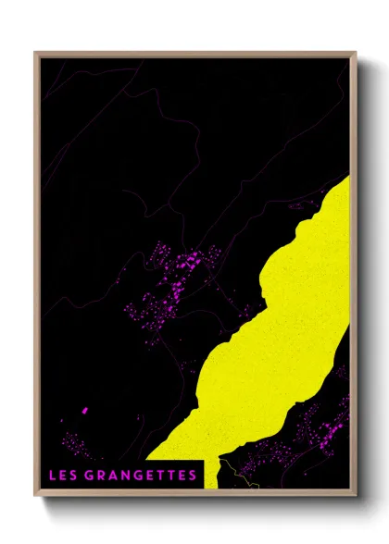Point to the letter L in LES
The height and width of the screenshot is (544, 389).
coord(53,476)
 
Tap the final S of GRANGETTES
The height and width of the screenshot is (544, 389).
coord(193,476)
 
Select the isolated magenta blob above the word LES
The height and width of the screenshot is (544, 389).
coord(84,409)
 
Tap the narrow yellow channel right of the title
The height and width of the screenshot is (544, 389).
coord(210,472)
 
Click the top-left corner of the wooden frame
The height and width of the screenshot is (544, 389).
coord(36,53)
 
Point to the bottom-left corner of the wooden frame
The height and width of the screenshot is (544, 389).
coord(36,492)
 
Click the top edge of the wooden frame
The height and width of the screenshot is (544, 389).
coord(194,53)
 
